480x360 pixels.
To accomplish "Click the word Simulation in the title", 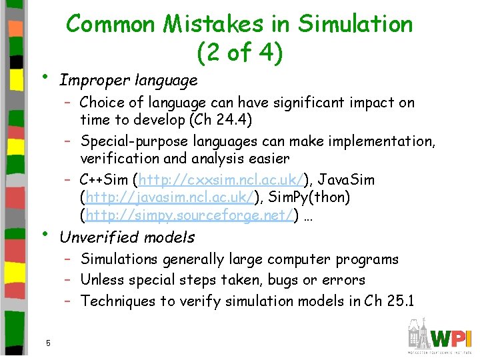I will coord(356,24).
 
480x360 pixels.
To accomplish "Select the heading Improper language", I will coord(128,81).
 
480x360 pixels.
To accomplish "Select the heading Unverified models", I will coord(127,237).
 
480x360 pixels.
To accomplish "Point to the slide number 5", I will coord(48,343).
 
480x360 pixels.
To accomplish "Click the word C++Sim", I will coord(104,180).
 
